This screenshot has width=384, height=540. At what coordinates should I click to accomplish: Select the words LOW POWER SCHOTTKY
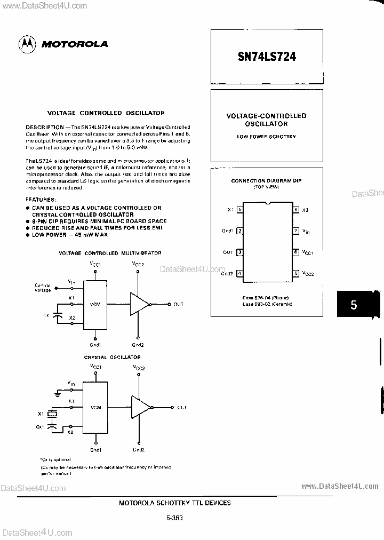click(266, 137)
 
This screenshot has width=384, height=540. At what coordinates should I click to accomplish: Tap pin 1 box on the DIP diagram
click(240, 210)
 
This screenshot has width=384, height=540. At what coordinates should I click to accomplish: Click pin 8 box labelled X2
click(295, 210)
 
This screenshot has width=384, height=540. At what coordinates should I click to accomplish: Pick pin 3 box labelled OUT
click(240, 252)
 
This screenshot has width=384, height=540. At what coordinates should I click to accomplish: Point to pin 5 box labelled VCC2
click(295, 273)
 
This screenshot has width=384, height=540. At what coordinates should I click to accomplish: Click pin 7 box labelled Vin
click(295, 231)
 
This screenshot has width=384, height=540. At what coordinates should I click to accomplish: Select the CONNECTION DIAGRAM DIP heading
click(266, 181)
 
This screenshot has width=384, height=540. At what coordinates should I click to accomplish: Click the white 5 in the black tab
click(354, 305)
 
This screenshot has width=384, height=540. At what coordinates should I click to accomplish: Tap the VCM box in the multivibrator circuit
click(95, 304)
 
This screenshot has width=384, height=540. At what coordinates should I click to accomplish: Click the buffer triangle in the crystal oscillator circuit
click(140, 407)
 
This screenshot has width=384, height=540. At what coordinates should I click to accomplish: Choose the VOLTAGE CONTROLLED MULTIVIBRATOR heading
click(110, 253)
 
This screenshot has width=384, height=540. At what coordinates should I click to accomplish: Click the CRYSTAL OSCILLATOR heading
click(112, 357)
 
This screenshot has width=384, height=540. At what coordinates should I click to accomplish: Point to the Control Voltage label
click(43, 288)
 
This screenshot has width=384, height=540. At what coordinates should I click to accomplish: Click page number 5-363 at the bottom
click(174, 517)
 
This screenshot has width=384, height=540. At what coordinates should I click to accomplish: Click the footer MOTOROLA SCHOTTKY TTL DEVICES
click(174, 503)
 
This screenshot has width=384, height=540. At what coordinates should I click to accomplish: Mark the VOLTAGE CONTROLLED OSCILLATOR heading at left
click(106, 113)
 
